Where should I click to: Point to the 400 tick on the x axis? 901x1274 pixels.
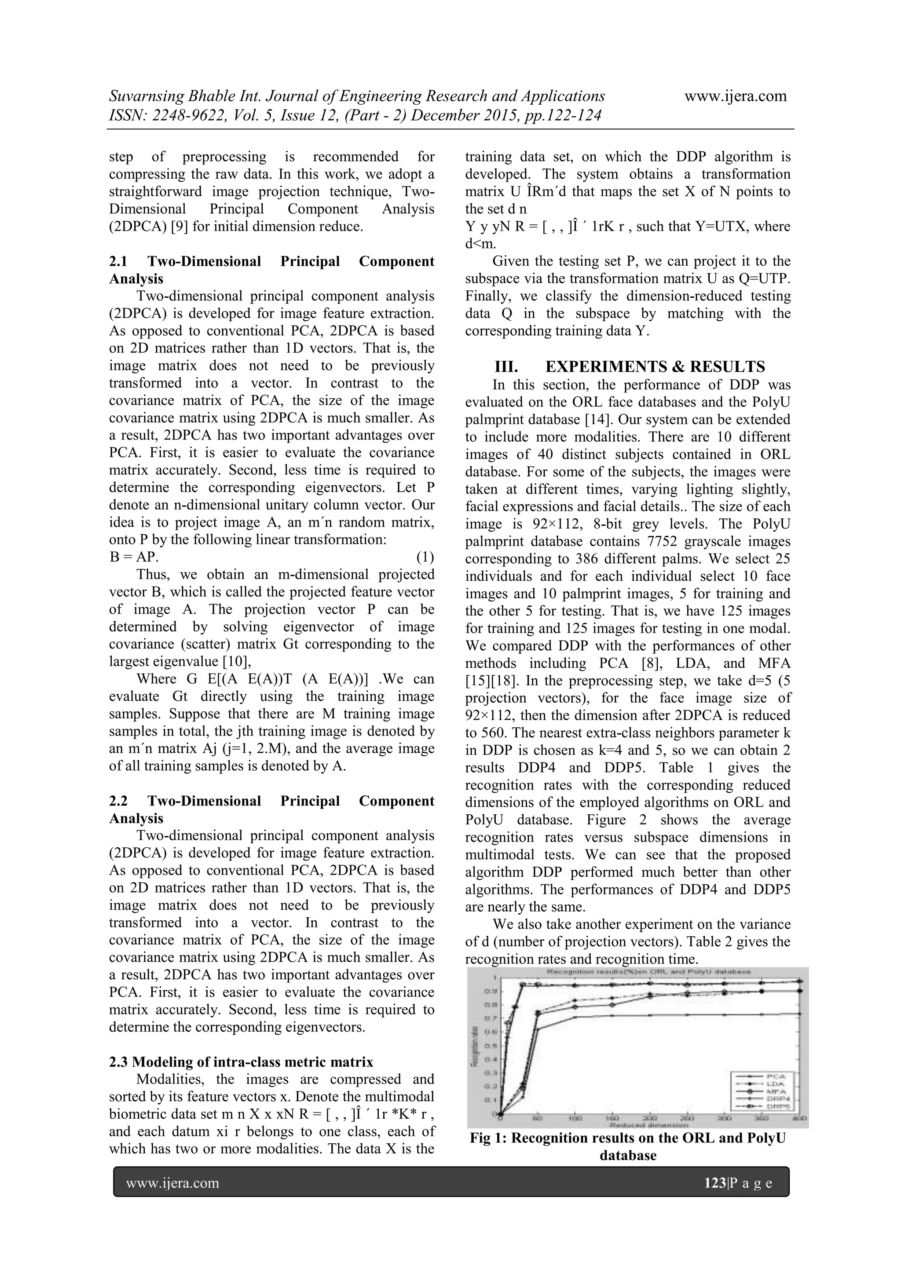(799, 1119)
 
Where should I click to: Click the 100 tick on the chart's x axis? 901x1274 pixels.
(575, 1119)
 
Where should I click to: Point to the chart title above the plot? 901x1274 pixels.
(649, 972)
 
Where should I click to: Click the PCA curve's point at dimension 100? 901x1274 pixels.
(575, 1017)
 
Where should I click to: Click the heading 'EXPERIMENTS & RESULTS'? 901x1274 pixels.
(655, 367)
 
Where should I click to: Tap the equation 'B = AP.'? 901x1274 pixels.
(134, 557)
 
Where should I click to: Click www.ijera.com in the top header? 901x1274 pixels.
(735, 96)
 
